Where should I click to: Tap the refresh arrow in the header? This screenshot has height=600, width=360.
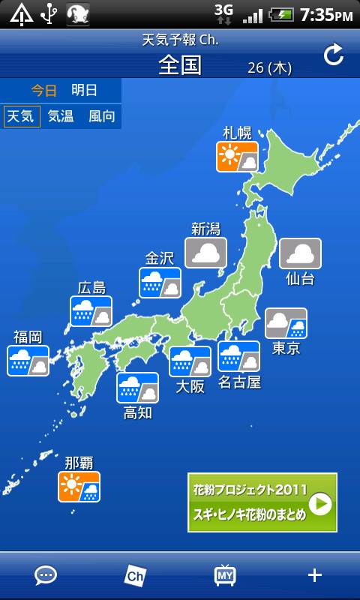333,54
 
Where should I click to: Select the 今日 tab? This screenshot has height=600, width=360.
43,90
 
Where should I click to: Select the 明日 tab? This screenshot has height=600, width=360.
84,90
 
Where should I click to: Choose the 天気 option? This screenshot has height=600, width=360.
22,116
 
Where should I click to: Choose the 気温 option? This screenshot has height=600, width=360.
61,116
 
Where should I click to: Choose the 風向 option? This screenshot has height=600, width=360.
101,116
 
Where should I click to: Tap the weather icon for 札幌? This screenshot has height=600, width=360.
237,157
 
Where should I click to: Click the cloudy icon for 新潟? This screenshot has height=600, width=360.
205,253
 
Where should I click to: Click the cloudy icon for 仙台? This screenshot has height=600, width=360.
300,253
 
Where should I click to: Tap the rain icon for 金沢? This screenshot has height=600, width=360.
160,283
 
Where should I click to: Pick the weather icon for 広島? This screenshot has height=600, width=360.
91,311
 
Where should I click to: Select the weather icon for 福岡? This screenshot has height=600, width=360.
28,361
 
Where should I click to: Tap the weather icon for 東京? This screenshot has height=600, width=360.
286,323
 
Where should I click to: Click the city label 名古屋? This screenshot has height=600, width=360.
239,382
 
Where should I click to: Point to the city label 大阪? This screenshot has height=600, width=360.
190,387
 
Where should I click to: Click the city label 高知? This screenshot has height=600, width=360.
137,412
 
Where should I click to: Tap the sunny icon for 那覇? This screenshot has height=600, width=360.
79,487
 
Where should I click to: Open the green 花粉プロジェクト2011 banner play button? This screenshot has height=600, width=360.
320,503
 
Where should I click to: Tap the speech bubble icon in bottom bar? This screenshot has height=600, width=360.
46,575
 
